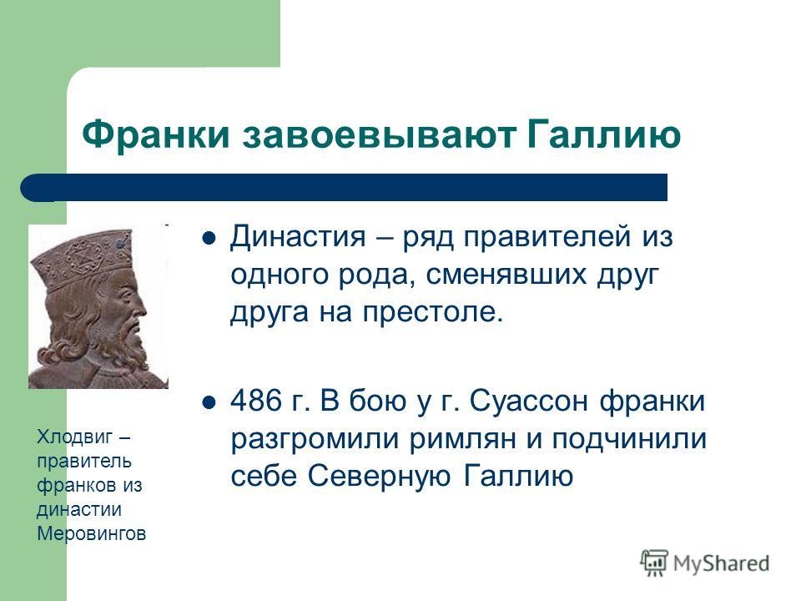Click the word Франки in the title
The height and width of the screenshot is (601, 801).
[x=156, y=135]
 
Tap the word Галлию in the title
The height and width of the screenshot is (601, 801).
[x=603, y=135]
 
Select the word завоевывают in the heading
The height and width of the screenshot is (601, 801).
[x=379, y=135]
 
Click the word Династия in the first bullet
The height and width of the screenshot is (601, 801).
[x=298, y=238]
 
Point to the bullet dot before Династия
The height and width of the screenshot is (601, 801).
[x=209, y=240]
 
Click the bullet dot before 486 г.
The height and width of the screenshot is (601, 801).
[x=209, y=402]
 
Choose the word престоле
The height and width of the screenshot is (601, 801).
[x=433, y=312]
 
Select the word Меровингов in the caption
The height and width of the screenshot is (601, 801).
[x=92, y=533]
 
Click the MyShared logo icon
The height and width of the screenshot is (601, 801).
[x=654, y=563]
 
